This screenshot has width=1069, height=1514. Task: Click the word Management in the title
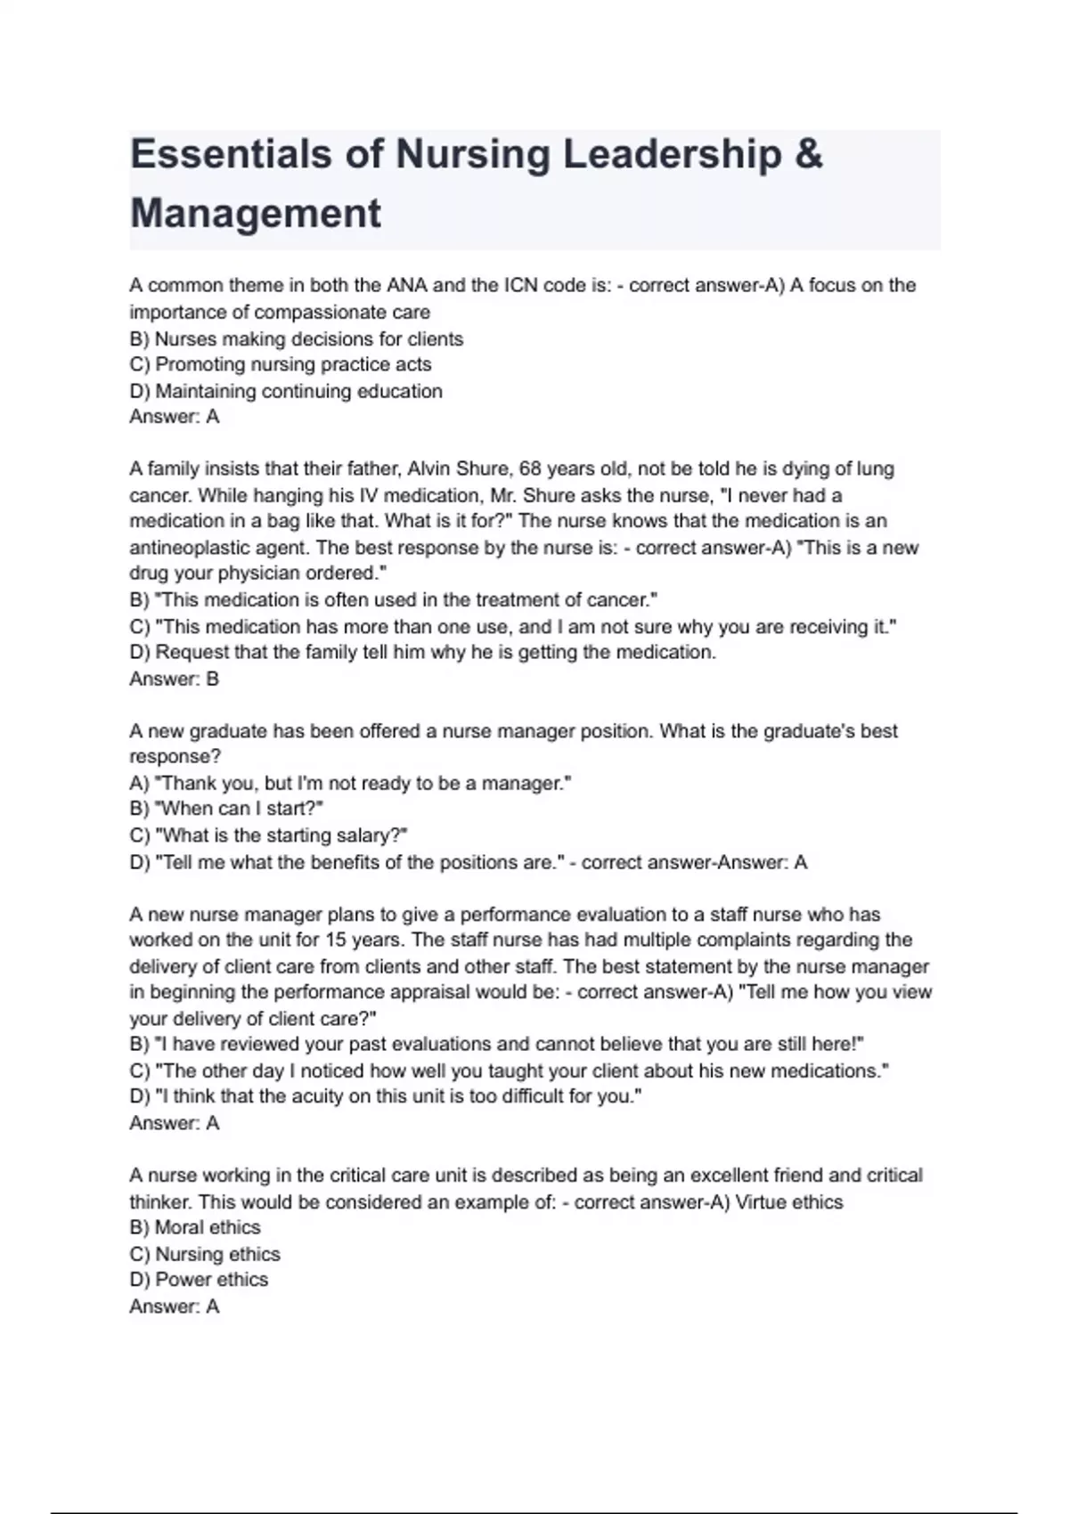256,214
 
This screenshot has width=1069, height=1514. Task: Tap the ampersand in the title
807,154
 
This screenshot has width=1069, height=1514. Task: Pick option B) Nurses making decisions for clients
296,339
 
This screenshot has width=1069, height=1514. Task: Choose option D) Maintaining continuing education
285,391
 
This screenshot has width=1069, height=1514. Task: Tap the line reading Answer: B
174,679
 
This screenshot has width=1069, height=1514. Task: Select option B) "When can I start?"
226,809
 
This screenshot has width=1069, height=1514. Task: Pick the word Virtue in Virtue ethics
763,1202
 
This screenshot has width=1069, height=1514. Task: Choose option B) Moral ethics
195,1227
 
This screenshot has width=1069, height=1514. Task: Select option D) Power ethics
199,1280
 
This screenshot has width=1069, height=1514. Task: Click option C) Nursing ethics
205,1254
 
